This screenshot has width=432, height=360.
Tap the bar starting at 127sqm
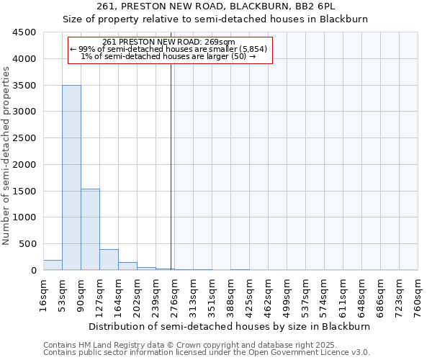(x=109, y=259)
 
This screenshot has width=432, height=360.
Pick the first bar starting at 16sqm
(x=53, y=265)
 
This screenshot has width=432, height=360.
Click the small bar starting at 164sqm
(x=127, y=266)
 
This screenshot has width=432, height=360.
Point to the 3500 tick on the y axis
(x=24, y=85)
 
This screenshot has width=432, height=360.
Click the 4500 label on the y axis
(x=24, y=32)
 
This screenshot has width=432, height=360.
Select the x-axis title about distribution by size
(x=230, y=326)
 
